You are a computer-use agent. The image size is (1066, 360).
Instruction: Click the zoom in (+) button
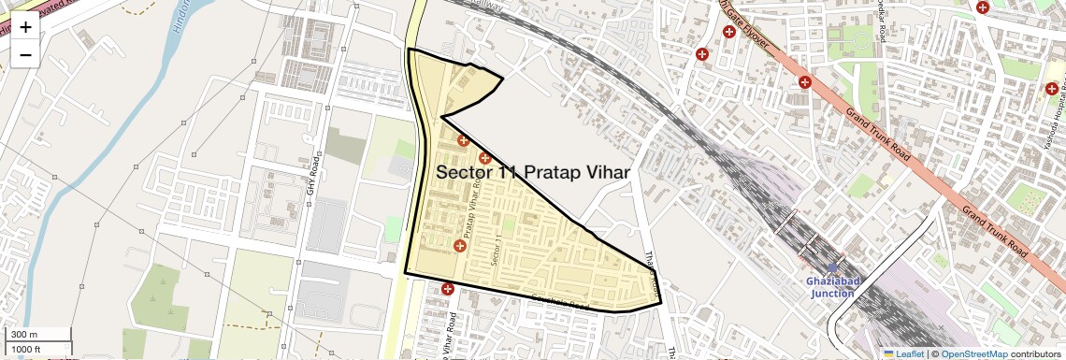click(x=25, y=26)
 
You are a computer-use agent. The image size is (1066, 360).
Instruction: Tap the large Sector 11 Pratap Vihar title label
click(x=532, y=172)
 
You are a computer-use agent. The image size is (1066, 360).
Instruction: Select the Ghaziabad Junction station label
click(x=831, y=287)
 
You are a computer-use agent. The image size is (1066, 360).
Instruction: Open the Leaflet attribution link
click(x=908, y=353)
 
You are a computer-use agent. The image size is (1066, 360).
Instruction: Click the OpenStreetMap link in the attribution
click(x=973, y=353)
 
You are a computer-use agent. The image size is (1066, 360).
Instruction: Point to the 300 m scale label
click(x=23, y=335)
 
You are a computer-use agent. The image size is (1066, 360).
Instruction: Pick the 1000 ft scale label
click(x=26, y=349)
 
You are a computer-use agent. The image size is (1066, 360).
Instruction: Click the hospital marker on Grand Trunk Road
click(x=804, y=82)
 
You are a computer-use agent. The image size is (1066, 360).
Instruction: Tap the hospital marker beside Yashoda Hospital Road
click(x=1052, y=89)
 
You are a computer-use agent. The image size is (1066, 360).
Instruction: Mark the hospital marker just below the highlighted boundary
click(x=448, y=289)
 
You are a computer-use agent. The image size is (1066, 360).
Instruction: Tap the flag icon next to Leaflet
click(x=887, y=353)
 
